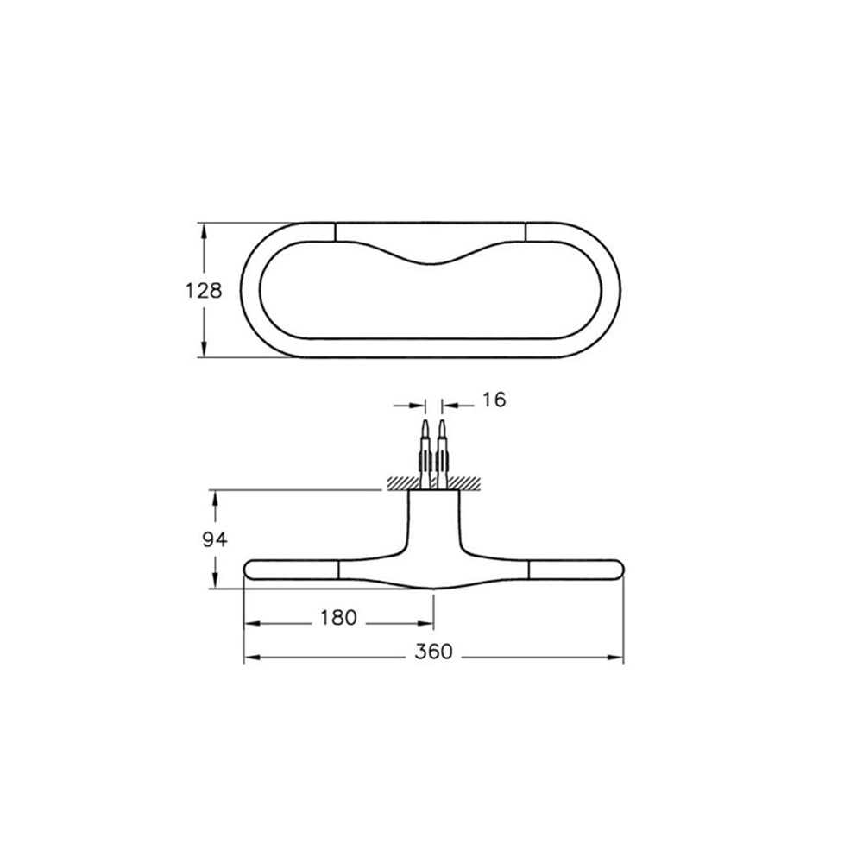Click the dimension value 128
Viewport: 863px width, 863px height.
click(x=204, y=291)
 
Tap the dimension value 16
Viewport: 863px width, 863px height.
click(x=494, y=400)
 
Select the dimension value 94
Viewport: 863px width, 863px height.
click(x=215, y=540)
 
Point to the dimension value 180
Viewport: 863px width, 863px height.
click(x=338, y=618)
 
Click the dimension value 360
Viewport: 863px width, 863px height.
click(x=434, y=652)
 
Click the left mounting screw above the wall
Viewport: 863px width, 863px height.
click(x=425, y=454)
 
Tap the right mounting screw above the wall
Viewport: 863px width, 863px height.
click(x=442, y=454)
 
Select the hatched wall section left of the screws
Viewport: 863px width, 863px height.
click(x=403, y=483)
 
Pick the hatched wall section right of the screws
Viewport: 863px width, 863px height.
click(x=463, y=483)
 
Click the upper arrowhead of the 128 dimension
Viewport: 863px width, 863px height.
click(x=205, y=231)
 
